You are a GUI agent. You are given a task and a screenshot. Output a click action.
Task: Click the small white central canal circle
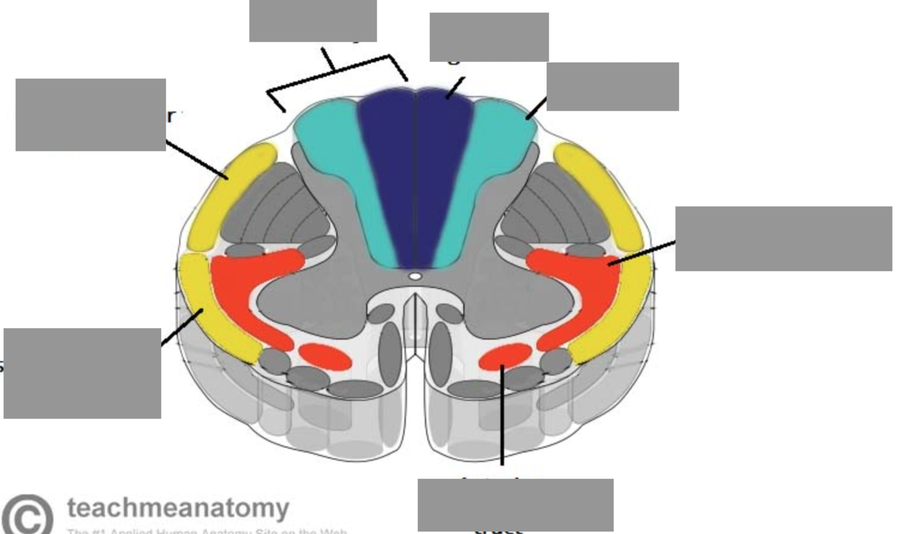[416, 276]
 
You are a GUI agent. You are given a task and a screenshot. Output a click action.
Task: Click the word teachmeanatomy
[178, 507]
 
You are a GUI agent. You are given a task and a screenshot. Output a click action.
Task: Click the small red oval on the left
[325, 357]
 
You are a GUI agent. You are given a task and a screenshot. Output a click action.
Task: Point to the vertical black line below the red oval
[502, 418]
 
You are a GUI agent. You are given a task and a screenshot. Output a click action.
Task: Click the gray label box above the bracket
[313, 20]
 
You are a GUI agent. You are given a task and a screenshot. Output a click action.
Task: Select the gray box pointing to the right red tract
[783, 239]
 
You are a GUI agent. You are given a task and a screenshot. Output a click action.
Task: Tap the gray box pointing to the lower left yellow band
[82, 373]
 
